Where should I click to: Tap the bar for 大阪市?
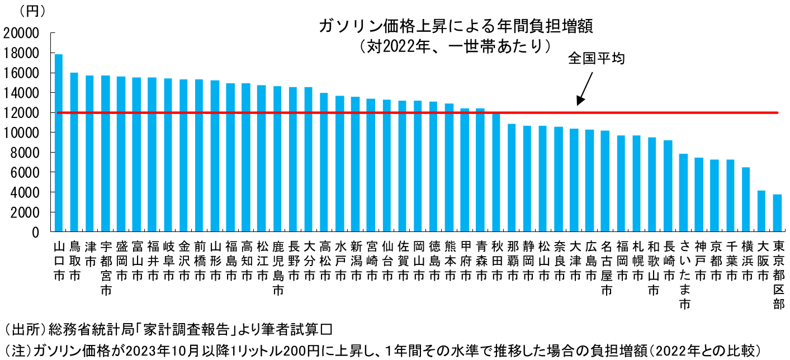click(761, 211)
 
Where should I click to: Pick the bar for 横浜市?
click(746, 199)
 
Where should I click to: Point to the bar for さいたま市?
click(683, 192)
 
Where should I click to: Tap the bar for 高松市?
click(324, 162)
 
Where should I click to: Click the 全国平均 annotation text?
click(596, 58)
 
